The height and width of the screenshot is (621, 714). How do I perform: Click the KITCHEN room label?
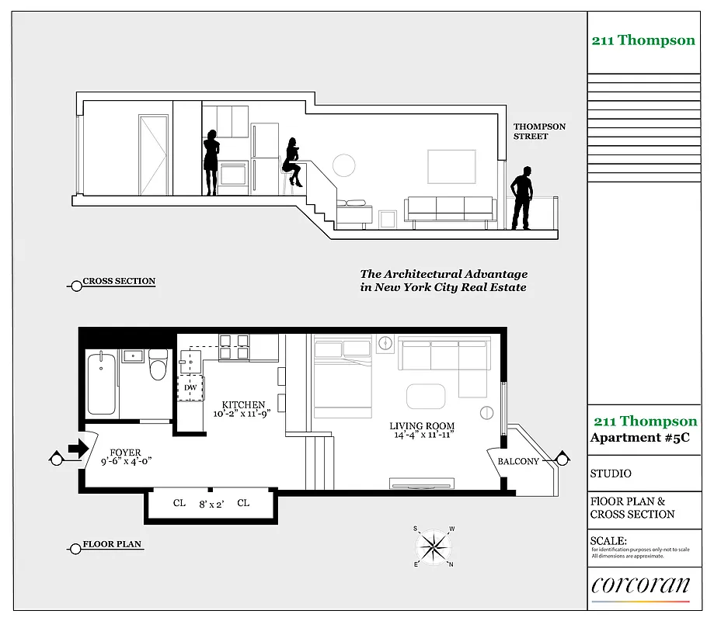click(243, 405)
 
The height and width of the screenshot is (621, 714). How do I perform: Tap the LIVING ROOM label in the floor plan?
click(422, 426)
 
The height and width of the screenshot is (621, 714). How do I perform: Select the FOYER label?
click(126, 453)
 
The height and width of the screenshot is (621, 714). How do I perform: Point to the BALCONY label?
click(518, 461)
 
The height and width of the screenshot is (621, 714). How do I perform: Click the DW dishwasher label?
click(190, 387)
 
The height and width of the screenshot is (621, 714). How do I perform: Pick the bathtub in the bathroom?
click(102, 383)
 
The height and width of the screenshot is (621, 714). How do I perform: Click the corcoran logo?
click(640, 585)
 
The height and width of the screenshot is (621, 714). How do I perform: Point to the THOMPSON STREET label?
click(539, 131)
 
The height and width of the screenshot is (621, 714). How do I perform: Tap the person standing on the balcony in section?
click(523, 198)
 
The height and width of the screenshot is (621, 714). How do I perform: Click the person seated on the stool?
click(292, 162)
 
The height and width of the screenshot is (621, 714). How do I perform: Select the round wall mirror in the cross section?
click(343, 164)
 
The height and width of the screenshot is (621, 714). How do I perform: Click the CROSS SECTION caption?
click(118, 281)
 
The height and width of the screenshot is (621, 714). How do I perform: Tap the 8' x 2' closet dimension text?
click(211, 504)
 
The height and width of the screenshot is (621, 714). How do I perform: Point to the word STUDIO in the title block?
click(611, 474)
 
